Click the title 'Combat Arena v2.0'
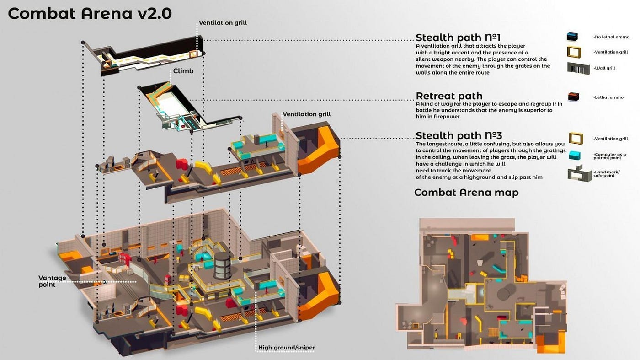click(x=90, y=14)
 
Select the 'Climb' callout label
click(x=183, y=71)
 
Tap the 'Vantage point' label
click(x=53, y=281)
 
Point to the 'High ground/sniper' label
click(x=287, y=348)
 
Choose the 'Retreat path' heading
click(x=449, y=96)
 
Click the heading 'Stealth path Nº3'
click(x=459, y=135)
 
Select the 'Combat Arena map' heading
click(x=466, y=193)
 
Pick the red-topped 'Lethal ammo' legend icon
click(x=573, y=97)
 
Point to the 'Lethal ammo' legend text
click(x=608, y=97)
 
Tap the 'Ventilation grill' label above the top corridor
click(x=223, y=22)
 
